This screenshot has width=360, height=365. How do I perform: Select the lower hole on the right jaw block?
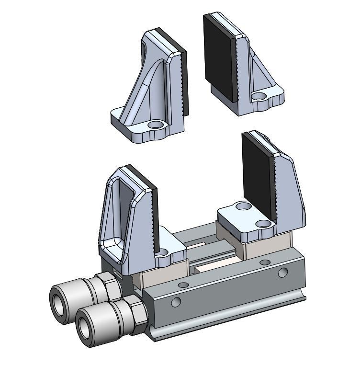(x=262, y=224)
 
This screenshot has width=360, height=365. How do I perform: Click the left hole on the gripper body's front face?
(x=176, y=302)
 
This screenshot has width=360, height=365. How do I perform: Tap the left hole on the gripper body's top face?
(x=182, y=285)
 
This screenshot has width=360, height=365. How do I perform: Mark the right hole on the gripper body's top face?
(x=264, y=262)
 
